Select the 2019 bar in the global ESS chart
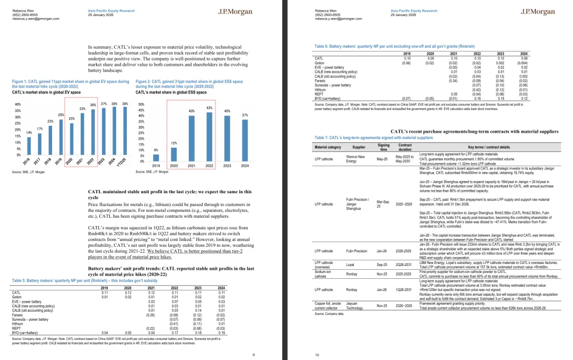tap(155, 158)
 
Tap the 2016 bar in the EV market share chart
tap(29, 145)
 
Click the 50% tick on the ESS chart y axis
tap(141, 105)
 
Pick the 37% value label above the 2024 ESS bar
tap(245, 115)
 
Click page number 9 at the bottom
tap(253, 354)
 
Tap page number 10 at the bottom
tap(317, 354)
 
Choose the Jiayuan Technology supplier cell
tap(354, 306)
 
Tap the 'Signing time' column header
tap(384, 147)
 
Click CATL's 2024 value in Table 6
tap(524, 58)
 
